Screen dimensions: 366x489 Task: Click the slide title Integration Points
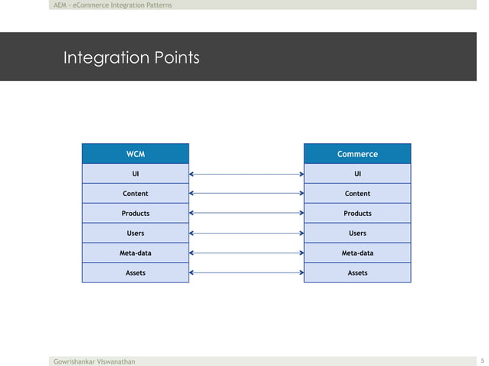pyautogui.click(x=131, y=57)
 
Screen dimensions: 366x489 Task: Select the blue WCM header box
pyautogui.click(x=136, y=154)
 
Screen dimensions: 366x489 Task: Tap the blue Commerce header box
pyautogui.click(x=357, y=154)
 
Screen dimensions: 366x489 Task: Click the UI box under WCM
pyautogui.click(x=136, y=174)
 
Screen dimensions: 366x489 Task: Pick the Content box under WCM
pyautogui.click(x=136, y=194)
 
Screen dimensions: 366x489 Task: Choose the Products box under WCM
pyautogui.click(x=136, y=214)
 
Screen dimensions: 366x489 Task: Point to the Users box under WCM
pyautogui.click(x=136, y=233)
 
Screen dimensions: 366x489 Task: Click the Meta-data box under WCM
pyautogui.click(x=136, y=253)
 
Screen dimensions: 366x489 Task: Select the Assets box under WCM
pyautogui.click(x=136, y=273)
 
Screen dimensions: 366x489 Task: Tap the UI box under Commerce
pyautogui.click(x=357, y=174)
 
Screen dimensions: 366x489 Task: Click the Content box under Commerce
pyautogui.click(x=357, y=194)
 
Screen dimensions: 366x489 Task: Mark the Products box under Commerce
pyautogui.click(x=357, y=214)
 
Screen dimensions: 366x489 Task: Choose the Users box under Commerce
pyautogui.click(x=357, y=233)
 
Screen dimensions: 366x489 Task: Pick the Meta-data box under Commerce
pyautogui.click(x=357, y=253)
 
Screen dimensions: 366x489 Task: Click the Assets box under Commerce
pyautogui.click(x=357, y=273)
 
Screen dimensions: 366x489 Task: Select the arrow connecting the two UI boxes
pyautogui.click(x=246, y=174)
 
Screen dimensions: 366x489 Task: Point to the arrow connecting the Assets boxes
pyautogui.click(x=246, y=273)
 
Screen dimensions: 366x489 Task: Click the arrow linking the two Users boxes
pyautogui.click(x=246, y=233)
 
